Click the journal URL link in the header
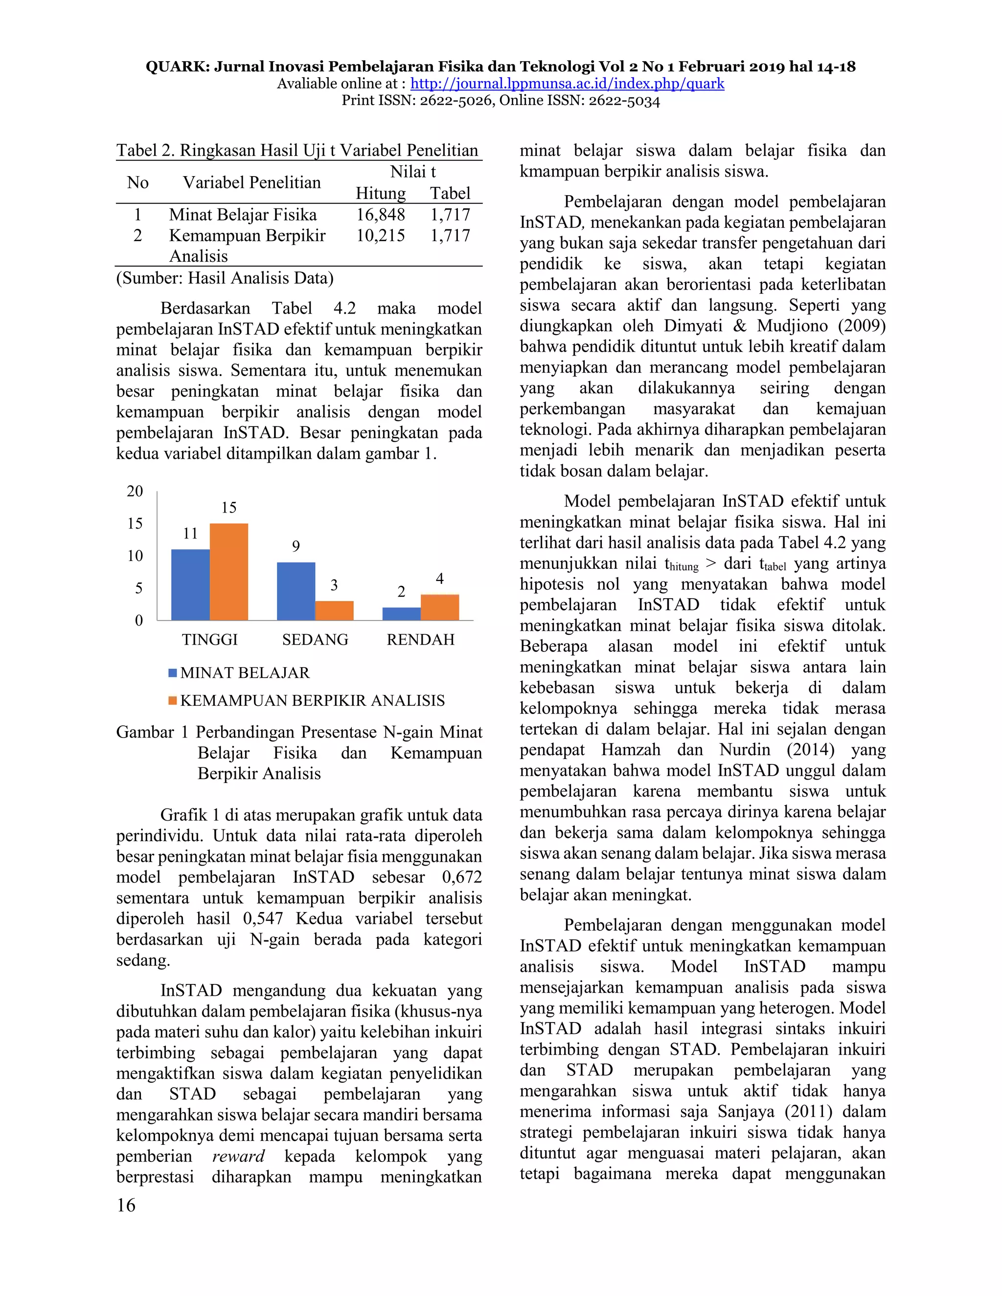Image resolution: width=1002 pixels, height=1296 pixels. click(567, 84)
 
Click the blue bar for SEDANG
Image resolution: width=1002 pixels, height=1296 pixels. click(296, 591)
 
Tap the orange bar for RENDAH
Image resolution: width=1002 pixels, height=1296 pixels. click(439, 607)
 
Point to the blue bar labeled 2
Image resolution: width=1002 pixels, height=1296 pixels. click(401, 614)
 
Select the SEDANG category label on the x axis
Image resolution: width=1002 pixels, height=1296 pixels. click(315, 640)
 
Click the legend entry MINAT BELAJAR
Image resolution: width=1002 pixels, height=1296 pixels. click(245, 673)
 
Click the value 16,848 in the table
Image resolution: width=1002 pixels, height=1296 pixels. click(381, 215)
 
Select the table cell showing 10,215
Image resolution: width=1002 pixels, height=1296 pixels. click(381, 236)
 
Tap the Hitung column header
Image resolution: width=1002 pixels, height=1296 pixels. click(381, 194)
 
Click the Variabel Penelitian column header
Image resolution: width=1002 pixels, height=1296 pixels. click(251, 183)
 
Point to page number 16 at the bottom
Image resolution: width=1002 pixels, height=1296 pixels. click(126, 1205)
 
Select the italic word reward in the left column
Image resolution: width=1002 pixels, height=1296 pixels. click(238, 1157)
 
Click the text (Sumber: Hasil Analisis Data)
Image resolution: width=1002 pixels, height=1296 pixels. click(225, 278)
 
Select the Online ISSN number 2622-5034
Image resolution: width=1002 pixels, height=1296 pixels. click(624, 101)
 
